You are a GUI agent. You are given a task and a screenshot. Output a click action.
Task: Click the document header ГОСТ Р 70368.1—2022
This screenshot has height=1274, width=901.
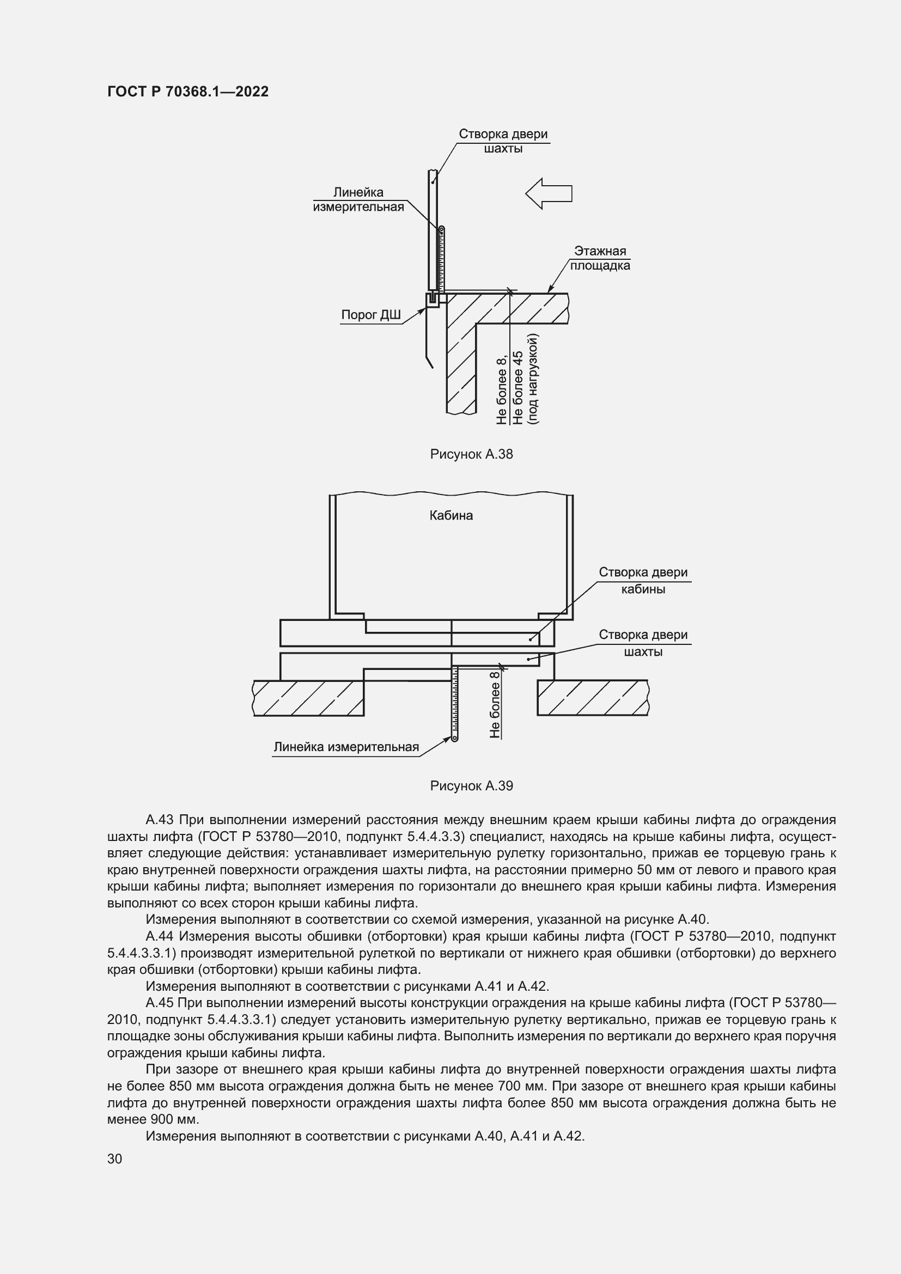(187, 92)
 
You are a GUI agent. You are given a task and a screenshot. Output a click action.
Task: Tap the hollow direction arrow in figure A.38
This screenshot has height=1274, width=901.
(548, 194)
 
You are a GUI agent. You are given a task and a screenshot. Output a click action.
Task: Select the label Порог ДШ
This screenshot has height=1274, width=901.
(370, 315)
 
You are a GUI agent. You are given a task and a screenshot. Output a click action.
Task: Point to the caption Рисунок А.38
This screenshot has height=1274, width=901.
(471, 454)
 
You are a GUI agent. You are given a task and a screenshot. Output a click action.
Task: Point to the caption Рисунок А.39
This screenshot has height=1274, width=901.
(471, 786)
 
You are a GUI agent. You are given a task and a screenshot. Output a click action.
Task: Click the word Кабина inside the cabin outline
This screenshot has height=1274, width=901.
(451, 515)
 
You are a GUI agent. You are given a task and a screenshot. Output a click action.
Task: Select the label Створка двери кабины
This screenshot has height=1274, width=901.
(643, 581)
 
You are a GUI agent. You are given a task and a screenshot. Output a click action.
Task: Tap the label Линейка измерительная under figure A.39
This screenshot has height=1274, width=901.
(346, 747)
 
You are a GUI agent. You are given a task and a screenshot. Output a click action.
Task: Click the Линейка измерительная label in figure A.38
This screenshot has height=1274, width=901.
(358, 200)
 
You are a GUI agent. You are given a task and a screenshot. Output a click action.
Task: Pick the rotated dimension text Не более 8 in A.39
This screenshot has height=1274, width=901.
(495, 704)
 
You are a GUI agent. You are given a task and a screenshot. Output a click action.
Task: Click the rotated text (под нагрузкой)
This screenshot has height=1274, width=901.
(534, 379)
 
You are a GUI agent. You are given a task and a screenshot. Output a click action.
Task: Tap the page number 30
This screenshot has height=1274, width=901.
(115, 1159)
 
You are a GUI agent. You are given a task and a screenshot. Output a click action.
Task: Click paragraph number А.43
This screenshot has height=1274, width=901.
(160, 820)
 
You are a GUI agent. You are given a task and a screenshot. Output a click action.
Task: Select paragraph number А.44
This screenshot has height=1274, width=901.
(160, 936)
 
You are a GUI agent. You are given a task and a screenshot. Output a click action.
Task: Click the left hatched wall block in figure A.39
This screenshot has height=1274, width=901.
(308, 698)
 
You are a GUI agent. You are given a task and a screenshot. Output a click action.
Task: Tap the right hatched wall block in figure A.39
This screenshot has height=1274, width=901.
(592, 698)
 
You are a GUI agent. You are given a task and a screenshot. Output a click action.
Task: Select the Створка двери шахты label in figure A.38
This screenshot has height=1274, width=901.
(503, 141)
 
